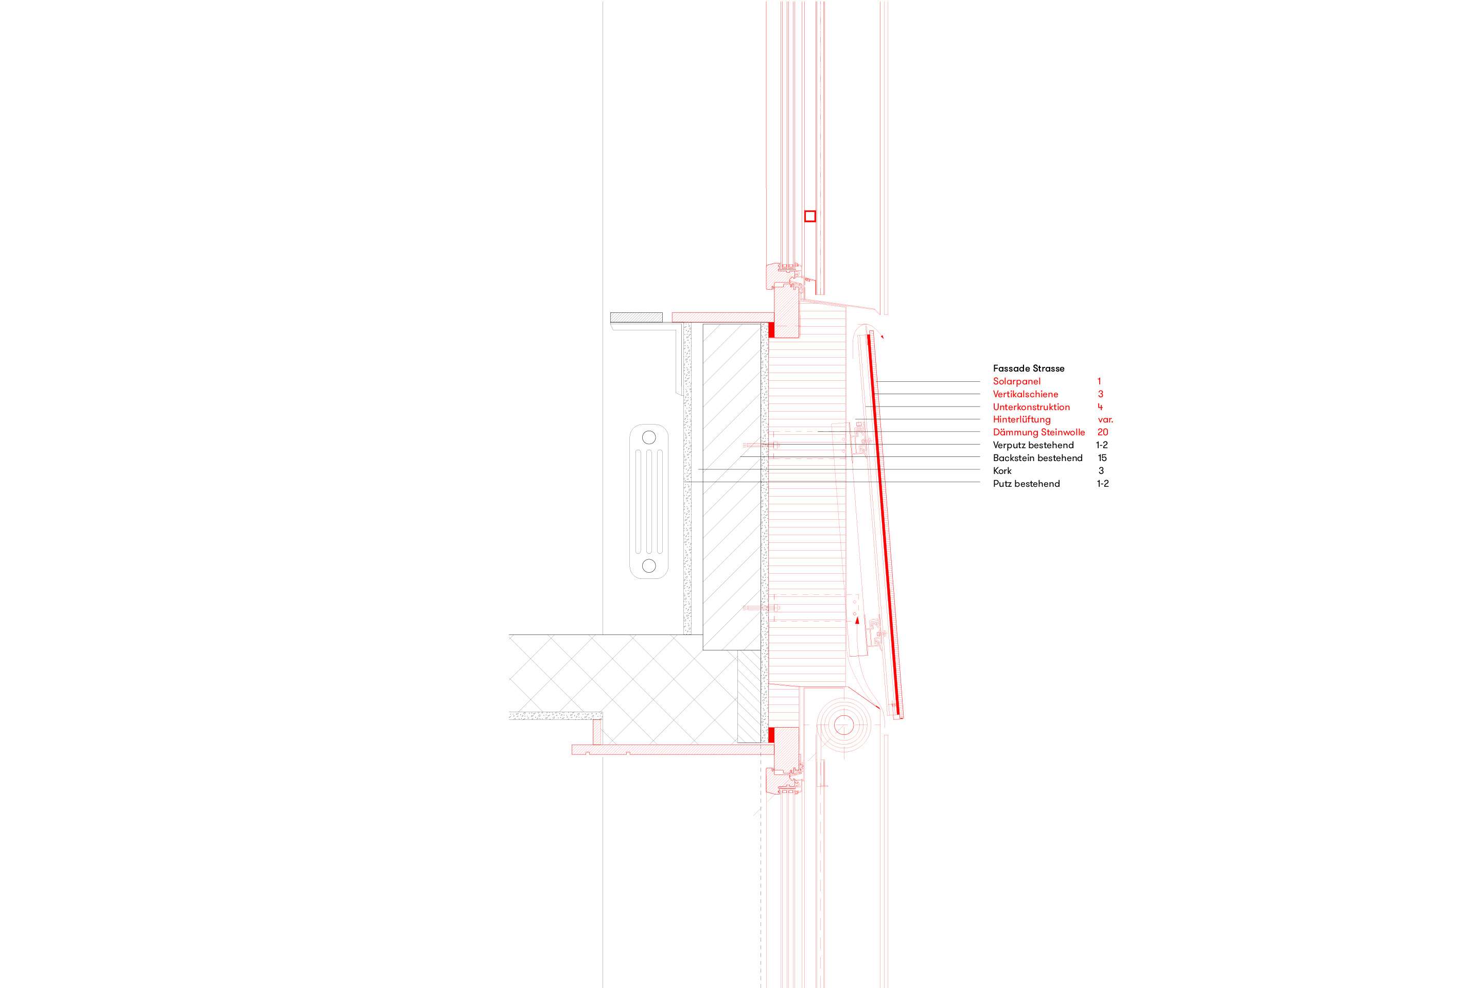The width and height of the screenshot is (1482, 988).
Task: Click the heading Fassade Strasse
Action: coord(1028,368)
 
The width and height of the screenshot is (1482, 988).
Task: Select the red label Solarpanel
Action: coord(1016,381)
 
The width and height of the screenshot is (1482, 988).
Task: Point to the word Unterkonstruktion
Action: coord(1031,407)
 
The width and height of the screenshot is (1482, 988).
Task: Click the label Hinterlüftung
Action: coord(1021,420)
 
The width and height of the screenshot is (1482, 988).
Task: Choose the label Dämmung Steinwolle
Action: coord(1038,432)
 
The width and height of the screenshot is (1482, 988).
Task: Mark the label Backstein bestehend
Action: coord(1037,458)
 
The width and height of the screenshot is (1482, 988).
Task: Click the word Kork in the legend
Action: coord(1002,471)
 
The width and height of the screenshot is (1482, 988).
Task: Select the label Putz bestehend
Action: coord(1026,484)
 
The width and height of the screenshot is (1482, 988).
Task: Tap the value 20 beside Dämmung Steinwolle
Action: coord(1103,432)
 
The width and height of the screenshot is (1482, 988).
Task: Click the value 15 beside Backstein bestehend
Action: coord(1102,458)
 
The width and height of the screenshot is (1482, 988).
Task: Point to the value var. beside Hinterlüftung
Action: coord(1105,420)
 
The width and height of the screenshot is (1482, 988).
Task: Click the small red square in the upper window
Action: coord(810,216)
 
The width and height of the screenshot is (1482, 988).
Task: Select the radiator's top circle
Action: coord(649,437)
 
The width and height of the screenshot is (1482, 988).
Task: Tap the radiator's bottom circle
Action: coord(649,566)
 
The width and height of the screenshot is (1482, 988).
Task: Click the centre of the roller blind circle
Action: coord(844,725)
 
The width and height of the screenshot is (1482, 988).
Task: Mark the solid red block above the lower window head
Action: coord(771,735)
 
